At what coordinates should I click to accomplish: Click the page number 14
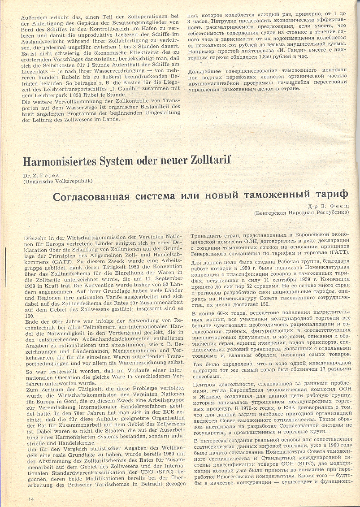31,499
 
